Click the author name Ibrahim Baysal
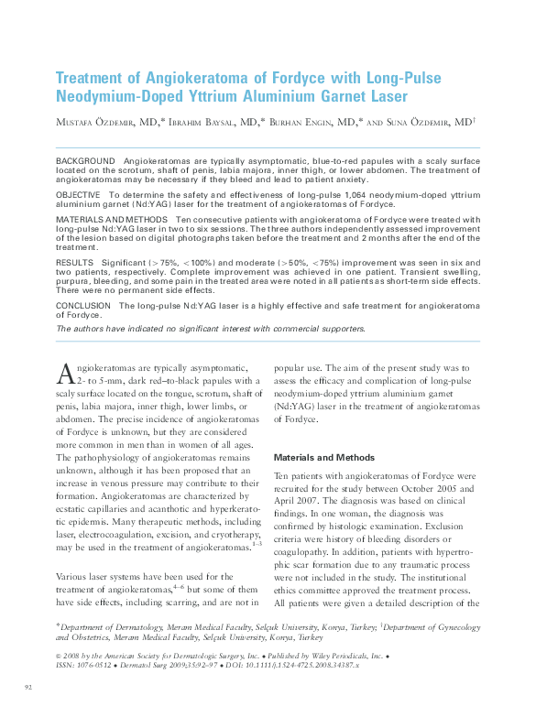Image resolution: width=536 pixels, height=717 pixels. point(203,121)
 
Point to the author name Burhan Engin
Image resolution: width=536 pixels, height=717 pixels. point(306,121)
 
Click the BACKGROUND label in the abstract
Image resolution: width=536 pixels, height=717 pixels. point(85,160)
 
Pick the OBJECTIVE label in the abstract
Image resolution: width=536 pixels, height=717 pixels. point(79,196)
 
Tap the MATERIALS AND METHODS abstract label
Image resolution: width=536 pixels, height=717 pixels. point(112,220)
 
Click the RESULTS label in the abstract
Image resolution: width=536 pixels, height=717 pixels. point(74,262)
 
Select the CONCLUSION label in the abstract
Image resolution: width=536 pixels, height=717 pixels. point(83,305)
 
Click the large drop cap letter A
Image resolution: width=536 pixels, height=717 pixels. point(65,371)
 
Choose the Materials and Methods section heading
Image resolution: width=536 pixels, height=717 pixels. point(324,457)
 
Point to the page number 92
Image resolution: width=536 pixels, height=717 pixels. point(28,685)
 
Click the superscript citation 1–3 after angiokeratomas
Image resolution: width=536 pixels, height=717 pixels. point(257,542)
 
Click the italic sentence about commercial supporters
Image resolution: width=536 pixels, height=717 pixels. point(211,328)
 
